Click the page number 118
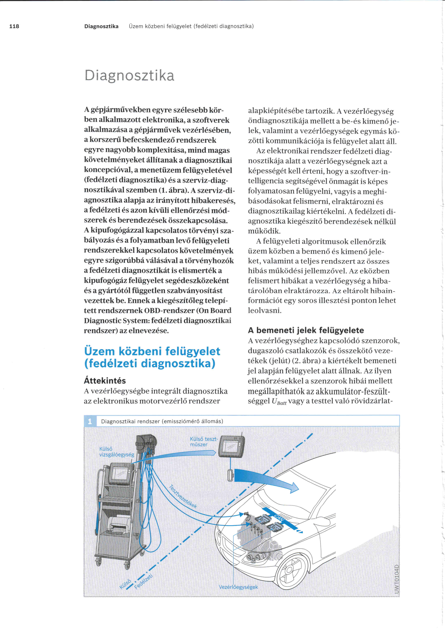14,26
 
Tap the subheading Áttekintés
105,381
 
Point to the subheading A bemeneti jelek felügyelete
306,330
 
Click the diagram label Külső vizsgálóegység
116,452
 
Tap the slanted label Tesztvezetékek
183,496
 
